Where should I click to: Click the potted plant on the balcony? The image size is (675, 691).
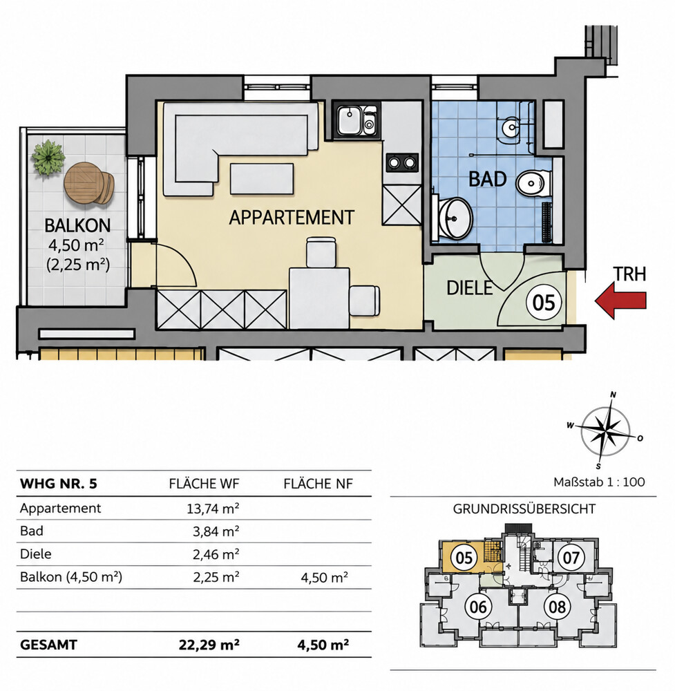pos(48,158)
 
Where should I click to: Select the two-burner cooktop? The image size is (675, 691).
pos(402,162)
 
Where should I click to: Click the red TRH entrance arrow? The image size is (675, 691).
pos(620,300)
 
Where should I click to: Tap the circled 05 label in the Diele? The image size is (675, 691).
pos(544,303)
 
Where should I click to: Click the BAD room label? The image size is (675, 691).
pos(487,179)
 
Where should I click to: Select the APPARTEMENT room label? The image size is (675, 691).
pos(292,217)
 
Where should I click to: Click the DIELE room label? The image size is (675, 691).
pos(470,287)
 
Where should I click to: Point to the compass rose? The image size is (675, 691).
pos(605,431)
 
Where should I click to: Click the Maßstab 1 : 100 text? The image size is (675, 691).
pos(599,482)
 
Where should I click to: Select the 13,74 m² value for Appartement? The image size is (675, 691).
pos(213,509)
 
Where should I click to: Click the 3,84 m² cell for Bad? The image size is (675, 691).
pos(216,531)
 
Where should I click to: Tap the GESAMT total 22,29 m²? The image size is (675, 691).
pos(209,645)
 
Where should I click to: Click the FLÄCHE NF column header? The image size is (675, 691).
pos(318,484)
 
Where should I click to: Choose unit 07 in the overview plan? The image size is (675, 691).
pos(571,558)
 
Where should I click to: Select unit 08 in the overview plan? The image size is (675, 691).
pos(557,607)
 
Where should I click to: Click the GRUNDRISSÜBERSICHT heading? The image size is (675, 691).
pos(524,509)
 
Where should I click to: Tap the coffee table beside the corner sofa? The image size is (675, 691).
pos(262,178)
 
